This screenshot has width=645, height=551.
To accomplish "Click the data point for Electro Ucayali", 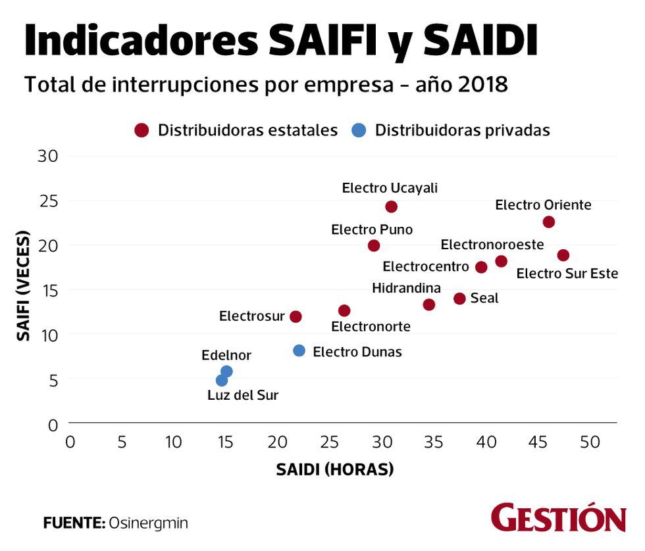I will click(392, 206).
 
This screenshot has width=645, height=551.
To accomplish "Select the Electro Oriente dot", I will click(549, 222).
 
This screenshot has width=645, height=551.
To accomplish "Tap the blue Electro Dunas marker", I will click(299, 350).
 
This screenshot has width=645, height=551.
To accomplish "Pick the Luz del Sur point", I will click(222, 381).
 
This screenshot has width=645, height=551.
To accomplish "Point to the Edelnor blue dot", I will click(227, 371).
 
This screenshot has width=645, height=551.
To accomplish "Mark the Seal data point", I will click(459, 299).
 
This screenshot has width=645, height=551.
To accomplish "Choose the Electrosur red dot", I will click(296, 316).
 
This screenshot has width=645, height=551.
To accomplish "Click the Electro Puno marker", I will click(374, 245).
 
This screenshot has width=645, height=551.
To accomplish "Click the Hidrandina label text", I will click(406, 288).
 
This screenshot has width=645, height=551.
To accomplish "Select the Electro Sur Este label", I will click(567, 273).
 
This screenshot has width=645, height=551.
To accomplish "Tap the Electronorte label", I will click(371, 326).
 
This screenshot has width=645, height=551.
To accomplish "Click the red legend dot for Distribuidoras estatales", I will click(142, 130).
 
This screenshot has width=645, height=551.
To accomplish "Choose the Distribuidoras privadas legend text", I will click(462, 130).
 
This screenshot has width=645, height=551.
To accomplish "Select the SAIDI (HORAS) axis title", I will click(334, 469).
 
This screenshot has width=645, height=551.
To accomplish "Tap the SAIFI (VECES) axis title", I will click(24, 285).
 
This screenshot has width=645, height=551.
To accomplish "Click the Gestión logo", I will click(558, 518).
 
